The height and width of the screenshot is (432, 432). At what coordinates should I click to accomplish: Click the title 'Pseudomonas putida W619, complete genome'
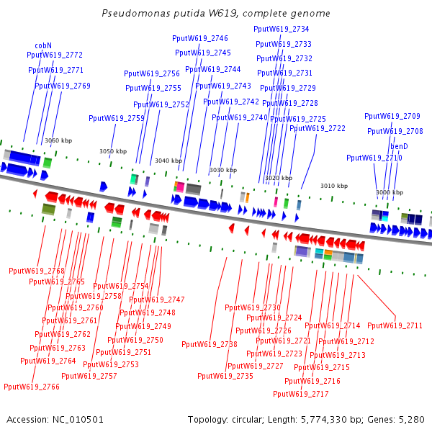click(x=216, y=13)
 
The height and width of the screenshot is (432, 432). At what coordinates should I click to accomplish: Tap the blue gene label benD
click(x=399, y=146)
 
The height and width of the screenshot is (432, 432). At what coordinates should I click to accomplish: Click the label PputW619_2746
click(x=200, y=38)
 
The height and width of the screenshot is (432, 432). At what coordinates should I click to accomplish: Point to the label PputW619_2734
click(x=282, y=29)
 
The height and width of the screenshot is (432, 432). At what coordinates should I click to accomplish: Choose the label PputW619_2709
click(x=392, y=116)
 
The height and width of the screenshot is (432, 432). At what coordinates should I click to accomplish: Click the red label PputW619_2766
click(x=32, y=387)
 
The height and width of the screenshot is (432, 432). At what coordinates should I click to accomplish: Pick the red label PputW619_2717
click(x=301, y=394)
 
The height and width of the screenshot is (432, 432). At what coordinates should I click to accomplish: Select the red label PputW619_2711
click(x=395, y=325)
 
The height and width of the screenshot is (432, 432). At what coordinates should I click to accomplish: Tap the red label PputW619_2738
click(x=210, y=344)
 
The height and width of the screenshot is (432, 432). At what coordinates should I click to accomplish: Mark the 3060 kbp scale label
click(x=58, y=141)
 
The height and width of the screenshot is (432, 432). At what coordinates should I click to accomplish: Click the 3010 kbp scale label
click(x=334, y=185)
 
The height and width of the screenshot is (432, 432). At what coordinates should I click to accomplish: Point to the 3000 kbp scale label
click(x=390, y=192)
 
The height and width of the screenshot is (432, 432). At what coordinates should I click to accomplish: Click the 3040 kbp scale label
click(x=168, y=161)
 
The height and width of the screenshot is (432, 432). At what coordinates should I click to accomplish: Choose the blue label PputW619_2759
click(x=117, y=118)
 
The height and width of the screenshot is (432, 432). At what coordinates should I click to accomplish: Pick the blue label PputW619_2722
click(x=318, y=128)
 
